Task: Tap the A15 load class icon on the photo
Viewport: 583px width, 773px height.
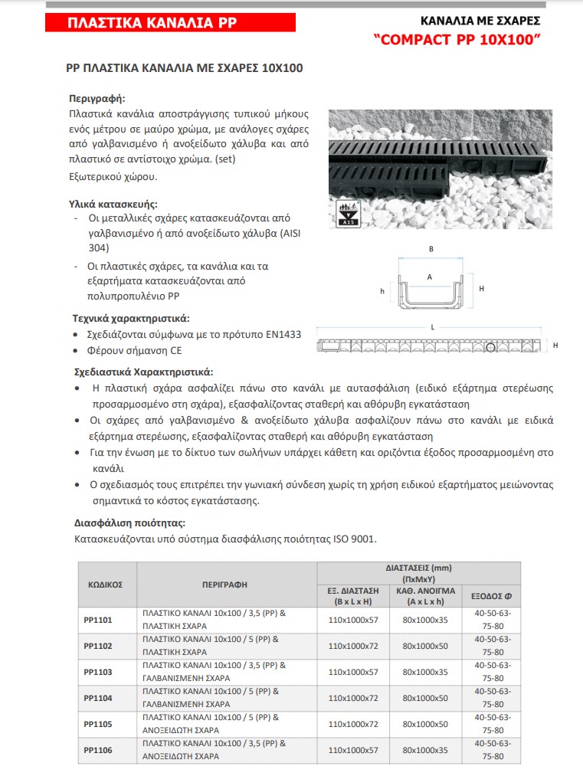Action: click(x=349, y=213)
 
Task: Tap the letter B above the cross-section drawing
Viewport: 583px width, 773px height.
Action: click(x=431, y=250)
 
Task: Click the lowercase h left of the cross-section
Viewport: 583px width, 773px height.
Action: click(x=382, y=292)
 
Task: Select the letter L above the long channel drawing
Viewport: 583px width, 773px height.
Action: click(x=433, y=327)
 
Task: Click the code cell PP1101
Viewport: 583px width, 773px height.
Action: click(x=98, y=619)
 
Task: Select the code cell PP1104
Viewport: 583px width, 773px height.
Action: click(x=98, y=697)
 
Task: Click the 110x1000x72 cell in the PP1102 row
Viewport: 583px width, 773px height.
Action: click(x=353, y=646)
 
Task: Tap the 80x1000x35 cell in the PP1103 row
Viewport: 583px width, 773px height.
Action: click(x=425, y=671)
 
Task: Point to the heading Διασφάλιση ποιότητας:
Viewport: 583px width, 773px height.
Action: click(x=129, y=524)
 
